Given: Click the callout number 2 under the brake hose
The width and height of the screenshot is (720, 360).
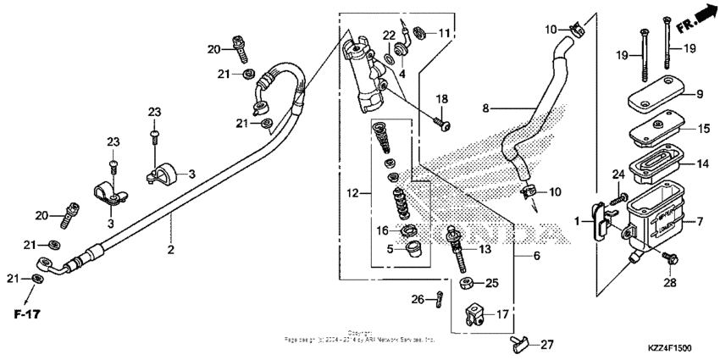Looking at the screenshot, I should [x=170, y=250].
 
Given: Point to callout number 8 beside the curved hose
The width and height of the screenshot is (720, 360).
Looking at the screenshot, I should [x=486, y=108].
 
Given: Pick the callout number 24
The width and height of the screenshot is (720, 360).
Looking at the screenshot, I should [x=618, y=175].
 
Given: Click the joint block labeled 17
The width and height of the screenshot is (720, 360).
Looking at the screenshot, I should [x=476, y=318].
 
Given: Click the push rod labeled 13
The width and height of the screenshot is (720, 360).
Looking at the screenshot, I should [x=459, y=246].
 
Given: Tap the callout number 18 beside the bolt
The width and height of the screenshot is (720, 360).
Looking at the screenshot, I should [x=440, y=100].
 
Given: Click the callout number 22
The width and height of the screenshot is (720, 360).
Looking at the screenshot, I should [x=389, y=35].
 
